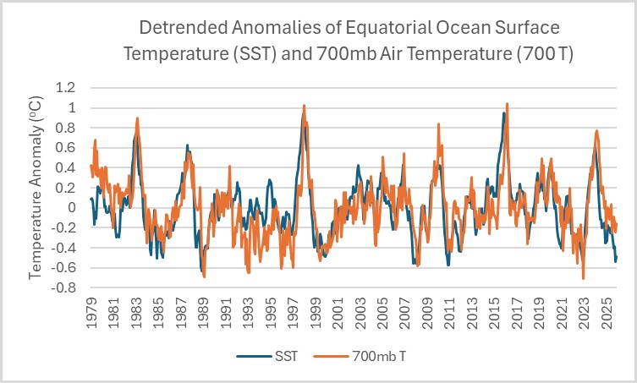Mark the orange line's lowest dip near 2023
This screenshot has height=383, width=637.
pyautogui.click(x=584, y=278)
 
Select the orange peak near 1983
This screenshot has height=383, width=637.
pyautogui.click(x=137, y=118)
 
